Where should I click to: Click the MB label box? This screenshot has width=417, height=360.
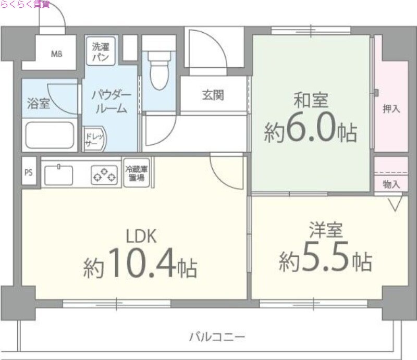(56, 53)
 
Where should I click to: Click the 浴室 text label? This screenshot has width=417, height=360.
(38, 103)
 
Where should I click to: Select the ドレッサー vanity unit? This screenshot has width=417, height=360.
(94, 139)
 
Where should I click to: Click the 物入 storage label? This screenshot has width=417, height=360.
(391, 184)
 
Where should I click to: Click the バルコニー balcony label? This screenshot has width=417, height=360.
(216, 336)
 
